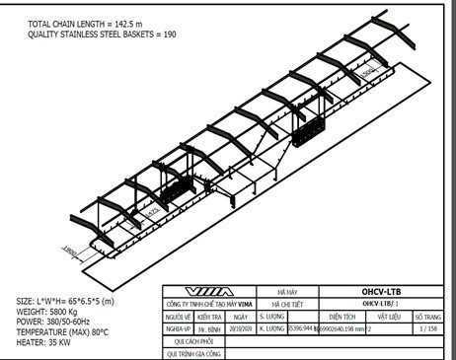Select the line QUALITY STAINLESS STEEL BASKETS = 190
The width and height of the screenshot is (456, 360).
click(103, 35)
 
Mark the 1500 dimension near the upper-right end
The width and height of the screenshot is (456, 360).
click(365, 71)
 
